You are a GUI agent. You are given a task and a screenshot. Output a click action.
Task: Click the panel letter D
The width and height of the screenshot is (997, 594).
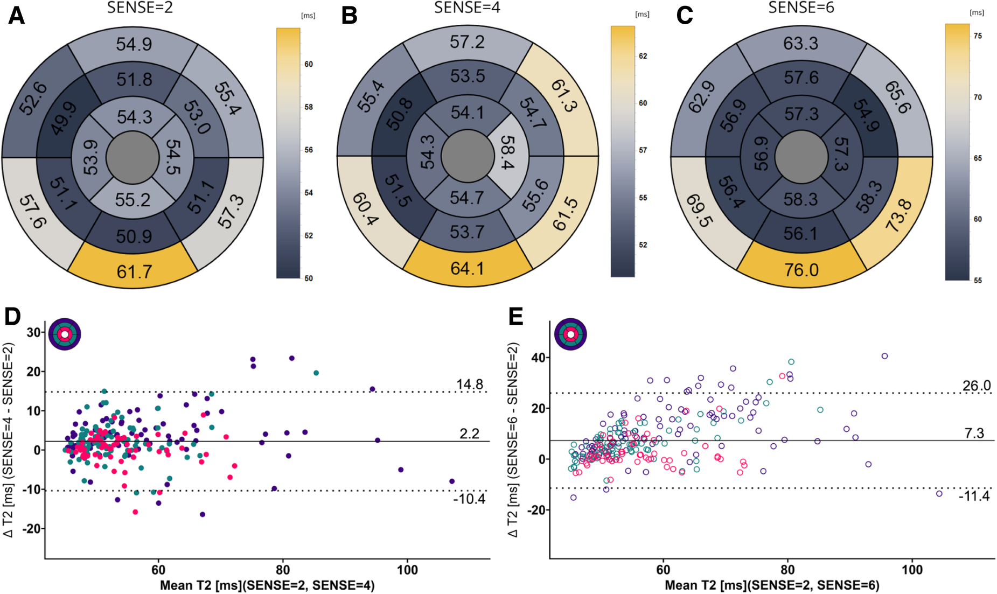[x=13, y=317]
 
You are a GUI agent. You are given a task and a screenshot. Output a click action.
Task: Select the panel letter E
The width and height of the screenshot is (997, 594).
[x=515, y=317]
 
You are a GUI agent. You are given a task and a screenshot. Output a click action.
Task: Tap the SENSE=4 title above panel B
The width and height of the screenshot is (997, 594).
[x=467, y=8]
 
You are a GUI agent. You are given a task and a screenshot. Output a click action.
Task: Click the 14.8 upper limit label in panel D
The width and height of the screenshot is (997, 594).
[x=469, y=385]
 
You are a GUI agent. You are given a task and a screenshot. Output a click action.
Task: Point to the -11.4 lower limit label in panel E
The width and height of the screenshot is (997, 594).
[x=974, y=495]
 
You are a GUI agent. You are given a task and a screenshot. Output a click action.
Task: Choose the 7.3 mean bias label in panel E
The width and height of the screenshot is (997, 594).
[x=974, y=433]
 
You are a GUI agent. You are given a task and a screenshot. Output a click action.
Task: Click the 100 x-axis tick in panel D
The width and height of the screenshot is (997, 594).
[x=407, y=570]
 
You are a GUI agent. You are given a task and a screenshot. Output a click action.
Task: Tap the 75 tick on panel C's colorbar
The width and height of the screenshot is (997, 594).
[x=978, y=36]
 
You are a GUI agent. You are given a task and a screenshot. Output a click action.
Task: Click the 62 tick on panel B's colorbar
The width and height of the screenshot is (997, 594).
[x=643, y=56]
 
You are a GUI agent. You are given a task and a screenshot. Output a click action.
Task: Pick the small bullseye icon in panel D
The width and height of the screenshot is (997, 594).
[x=65, y=334]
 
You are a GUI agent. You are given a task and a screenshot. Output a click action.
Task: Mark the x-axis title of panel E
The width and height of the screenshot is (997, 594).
[x=772, y=585]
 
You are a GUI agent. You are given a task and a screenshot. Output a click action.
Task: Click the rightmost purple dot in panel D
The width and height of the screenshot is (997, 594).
[x=452, y=481]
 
